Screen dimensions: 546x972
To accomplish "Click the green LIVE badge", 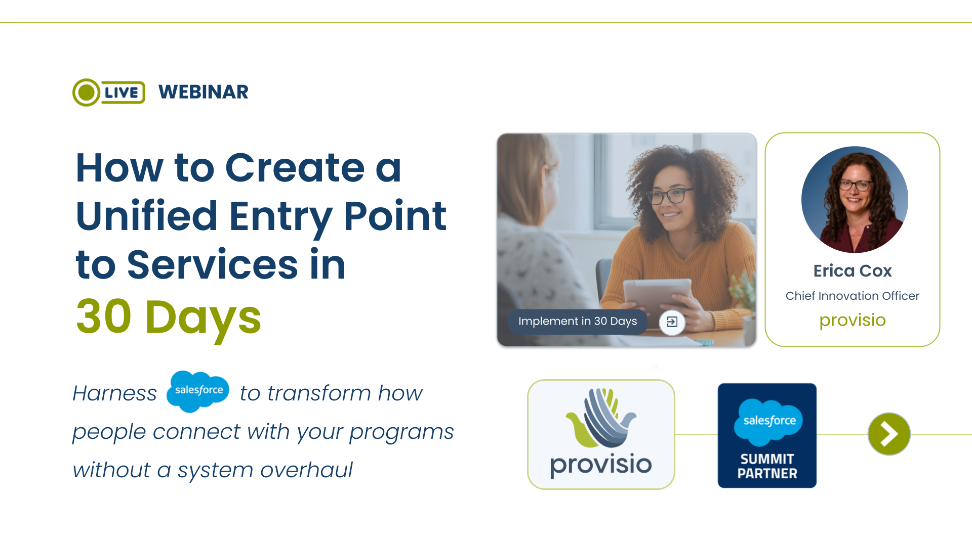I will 109,93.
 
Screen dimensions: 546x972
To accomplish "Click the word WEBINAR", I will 203,92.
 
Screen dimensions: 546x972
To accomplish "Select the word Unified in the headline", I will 147,216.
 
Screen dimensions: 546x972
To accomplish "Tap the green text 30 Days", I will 168,317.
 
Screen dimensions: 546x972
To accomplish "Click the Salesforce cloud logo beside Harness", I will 198,390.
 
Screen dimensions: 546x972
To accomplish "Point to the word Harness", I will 115,393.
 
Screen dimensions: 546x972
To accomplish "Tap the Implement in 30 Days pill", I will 577,322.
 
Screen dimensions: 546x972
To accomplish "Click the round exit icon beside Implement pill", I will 672,322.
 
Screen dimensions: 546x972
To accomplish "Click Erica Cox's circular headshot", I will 854,200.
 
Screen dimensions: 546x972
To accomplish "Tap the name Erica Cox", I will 852,271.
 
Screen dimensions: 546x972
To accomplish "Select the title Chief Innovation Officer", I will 852,296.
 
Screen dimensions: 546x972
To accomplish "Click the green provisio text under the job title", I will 852,320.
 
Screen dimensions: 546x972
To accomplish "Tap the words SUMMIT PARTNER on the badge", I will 767,466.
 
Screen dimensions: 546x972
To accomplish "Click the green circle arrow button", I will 889,434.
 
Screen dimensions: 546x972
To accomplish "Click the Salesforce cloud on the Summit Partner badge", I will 768,421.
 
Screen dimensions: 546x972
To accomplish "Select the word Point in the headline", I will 395,216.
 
